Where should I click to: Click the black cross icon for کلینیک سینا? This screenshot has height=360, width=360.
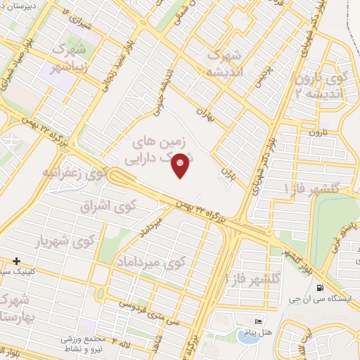click(x=16, y=261)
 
